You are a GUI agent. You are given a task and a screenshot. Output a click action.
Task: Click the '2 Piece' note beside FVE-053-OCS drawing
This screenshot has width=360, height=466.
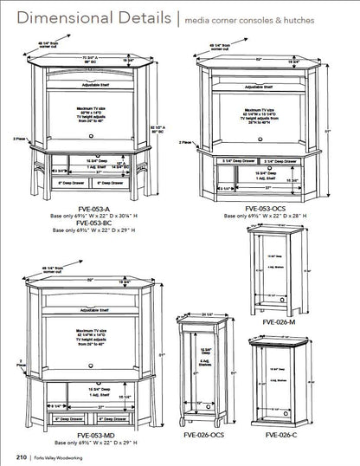(185, 142)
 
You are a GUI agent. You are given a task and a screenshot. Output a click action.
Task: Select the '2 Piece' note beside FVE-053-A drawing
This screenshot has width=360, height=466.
(19, 137)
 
